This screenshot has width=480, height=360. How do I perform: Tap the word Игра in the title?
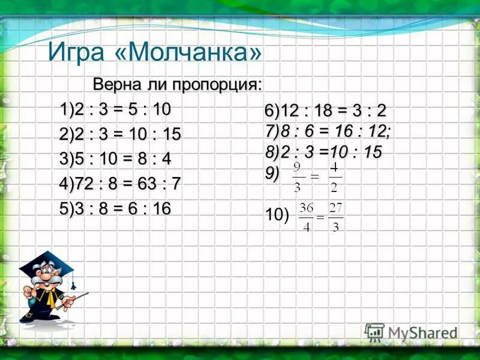tap(76, 53)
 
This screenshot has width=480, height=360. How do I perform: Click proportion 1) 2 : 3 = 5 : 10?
tap(115, 110)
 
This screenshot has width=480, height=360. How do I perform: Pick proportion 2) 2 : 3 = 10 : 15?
tap(120, 135)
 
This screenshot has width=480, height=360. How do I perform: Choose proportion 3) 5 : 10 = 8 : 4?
tap(115, 160)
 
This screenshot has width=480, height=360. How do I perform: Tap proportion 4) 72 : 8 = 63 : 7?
tap(120, 184)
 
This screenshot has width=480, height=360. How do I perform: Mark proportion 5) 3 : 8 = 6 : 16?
tap(115, 208)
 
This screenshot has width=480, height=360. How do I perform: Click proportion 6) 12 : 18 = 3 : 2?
tap(326, 112)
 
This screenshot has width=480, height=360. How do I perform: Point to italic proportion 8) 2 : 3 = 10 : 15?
tap(323, 152)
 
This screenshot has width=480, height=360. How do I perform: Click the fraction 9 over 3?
tap(298, 178)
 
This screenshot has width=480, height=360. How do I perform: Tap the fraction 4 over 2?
tap(335, 178)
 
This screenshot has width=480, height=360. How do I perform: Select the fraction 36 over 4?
tap(307, 217)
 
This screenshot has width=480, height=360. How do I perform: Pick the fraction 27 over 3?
tap(335, 217)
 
